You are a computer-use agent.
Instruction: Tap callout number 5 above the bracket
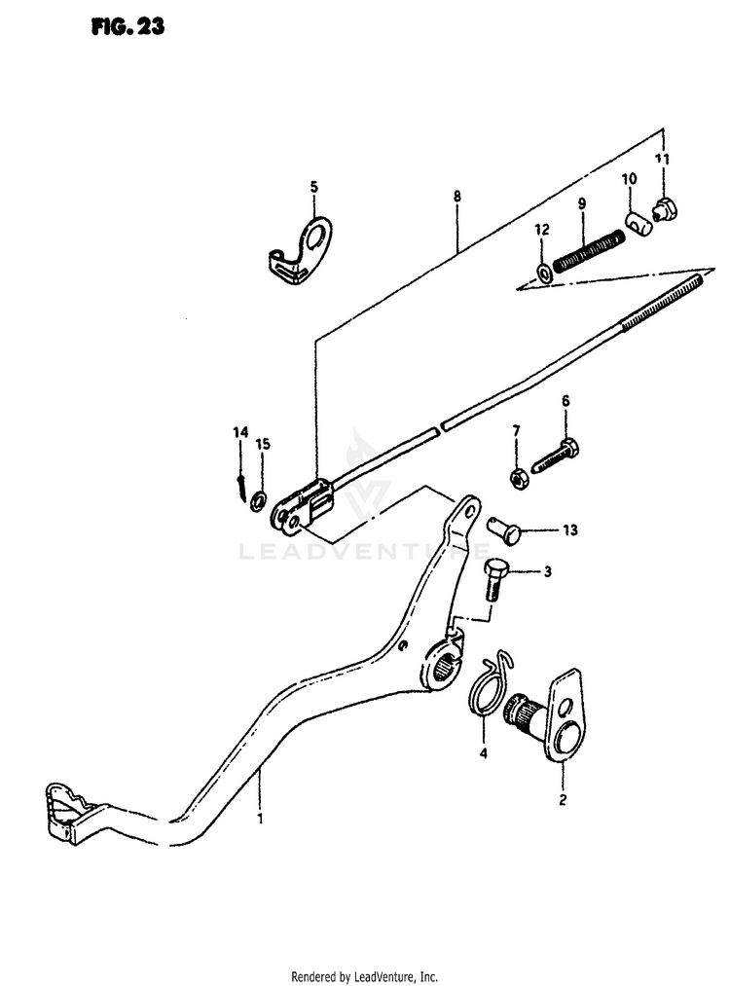point(313,186)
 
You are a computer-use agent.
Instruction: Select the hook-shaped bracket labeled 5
point(303,252)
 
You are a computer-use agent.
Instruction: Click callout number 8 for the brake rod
point(456,196)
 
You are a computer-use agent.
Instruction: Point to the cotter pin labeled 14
point(239,484)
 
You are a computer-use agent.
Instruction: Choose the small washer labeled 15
point(259,500)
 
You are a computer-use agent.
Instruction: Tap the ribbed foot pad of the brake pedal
point(67,808)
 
